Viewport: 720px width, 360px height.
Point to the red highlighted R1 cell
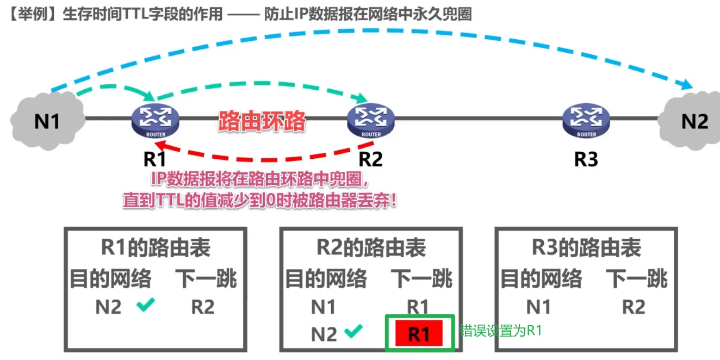(x=419, y=333)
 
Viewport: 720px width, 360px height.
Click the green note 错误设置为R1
(x=501, y=331)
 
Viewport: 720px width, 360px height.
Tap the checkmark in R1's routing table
(x=146, y=306)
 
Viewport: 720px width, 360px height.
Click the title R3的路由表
(x=586, y=248)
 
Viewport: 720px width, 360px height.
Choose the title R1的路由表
(x=156, y=248)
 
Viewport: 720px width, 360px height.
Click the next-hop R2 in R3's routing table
(x=633, y=307)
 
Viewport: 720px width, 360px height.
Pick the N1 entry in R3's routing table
(x=538, y=307)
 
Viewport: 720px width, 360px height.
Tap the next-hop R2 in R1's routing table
(x=202, y=307)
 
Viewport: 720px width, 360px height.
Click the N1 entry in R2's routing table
(x=323, y=307)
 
